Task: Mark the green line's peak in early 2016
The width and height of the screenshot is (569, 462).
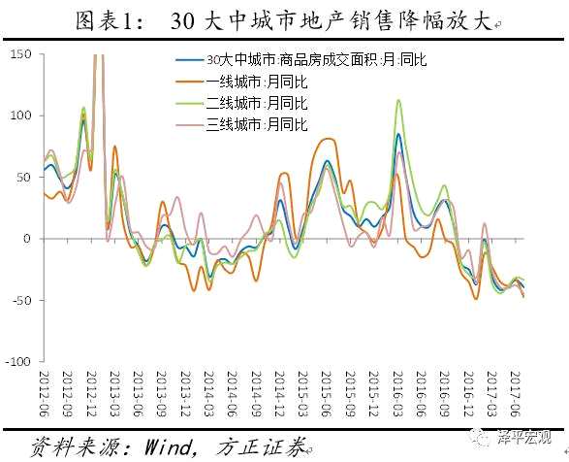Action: pyautogui.click(x=397, y=100)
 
